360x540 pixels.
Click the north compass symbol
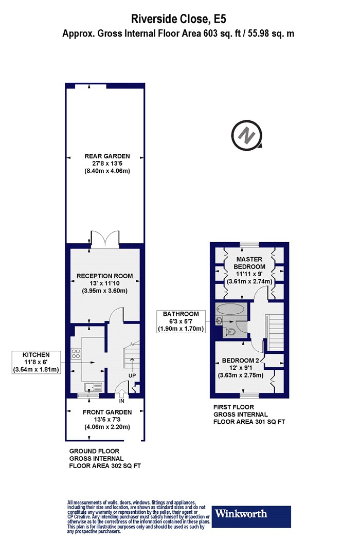click(x=247, y=135)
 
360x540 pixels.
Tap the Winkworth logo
click(x=251, y=516)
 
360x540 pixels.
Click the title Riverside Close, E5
click(x=178, y=19)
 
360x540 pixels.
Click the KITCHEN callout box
click(x=36, y=362)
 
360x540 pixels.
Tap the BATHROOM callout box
click(x=181, y=321)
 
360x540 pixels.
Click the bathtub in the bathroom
click(x=231, y=309)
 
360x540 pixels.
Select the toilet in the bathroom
click(x=231, y=332)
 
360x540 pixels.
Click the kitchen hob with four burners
click(x=76, y=354)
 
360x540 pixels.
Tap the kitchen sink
click(x=93, y=387)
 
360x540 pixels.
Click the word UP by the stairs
click(x=132, y=376)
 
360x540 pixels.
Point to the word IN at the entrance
click(x=121, y=401)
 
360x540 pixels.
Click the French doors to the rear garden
click(x=105, y=239)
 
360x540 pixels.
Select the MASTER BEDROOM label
click(x=249, y=263)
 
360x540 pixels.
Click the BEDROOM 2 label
click(x=241, y=361)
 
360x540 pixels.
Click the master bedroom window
click(x=250, y=244)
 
